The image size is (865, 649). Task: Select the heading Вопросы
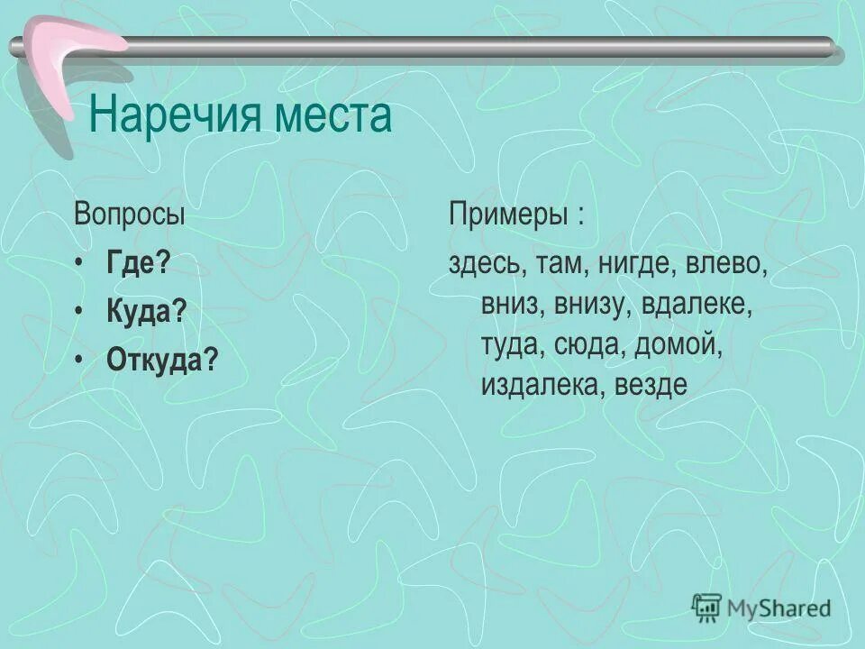(x=130, y=216)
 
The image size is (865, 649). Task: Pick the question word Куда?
(x=146, y=313)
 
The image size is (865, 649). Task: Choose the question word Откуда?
(x=162, y=361)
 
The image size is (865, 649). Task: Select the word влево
(x=726, y=265)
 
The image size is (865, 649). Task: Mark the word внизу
(x=589, y=305)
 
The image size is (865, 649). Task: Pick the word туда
(x=509, y=344)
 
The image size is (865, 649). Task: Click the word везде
(x=651, y=385)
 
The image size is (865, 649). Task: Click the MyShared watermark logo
(x=761, y=608)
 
